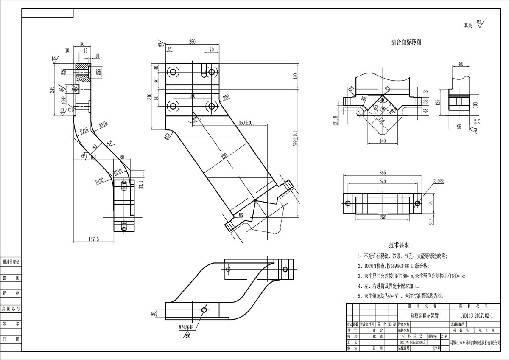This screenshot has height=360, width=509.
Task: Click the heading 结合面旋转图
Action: point(406,43)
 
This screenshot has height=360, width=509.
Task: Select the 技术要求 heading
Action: point(399,245)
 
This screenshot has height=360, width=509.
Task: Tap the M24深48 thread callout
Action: point(186,328)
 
